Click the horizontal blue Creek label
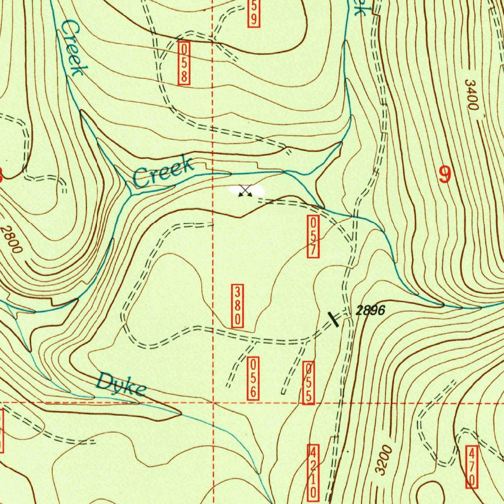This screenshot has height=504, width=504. pos(163,172)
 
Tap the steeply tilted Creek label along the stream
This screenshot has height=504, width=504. pos(70,48)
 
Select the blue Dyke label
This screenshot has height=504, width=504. pos(121,384)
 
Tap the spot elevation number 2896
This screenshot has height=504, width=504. pos(369,311)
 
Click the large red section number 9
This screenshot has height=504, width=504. pos(445,175)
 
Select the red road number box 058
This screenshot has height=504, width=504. pos(185,63)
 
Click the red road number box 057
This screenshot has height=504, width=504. pos(313,236)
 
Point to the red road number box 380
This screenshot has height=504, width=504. pos(237,306)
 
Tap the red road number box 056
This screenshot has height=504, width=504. pos(253,378)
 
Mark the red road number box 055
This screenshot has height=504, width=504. pos(308,383)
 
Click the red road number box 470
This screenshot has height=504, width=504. pos(471,467)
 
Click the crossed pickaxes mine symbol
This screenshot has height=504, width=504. pos(245,190)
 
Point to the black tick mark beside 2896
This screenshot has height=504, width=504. pos(334,318)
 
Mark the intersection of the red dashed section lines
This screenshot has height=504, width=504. pos(213,402)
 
